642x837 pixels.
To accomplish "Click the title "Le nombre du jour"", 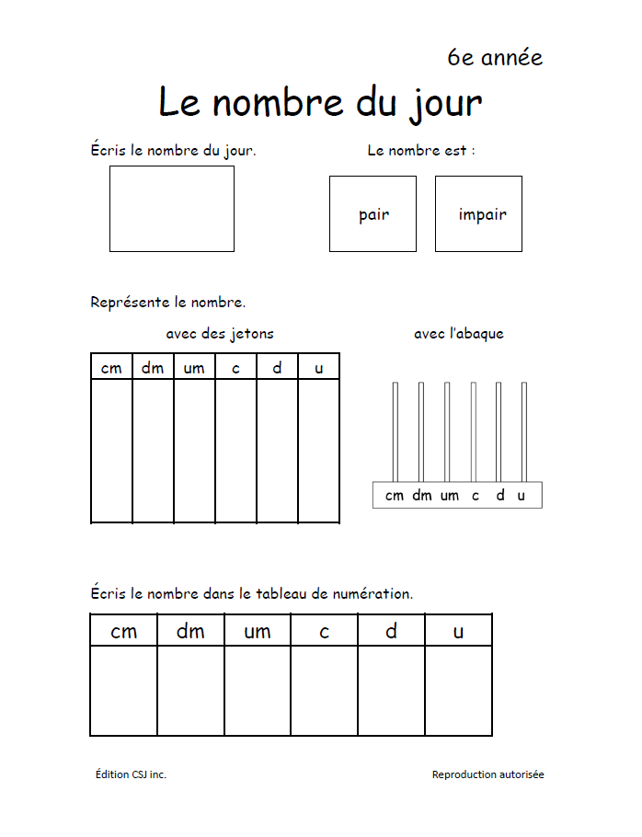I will point(320,102).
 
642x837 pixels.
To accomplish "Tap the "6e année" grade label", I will point(495,58).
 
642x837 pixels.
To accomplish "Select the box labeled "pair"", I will point(373,214).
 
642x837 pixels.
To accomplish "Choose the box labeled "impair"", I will point(478,214).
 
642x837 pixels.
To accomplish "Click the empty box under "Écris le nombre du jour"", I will point(172,209).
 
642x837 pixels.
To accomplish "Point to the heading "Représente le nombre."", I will point(168,302).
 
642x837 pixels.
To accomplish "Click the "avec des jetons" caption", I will point(219,334).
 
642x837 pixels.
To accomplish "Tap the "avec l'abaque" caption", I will point(458,334).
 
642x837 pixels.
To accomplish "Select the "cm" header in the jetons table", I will point(111,368).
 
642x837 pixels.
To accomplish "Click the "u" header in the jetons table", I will point(319,368).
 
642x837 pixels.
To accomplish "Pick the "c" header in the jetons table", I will point(235,368).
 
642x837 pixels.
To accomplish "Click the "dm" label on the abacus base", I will point(421,496).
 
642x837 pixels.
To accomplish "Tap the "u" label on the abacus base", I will point(522,496).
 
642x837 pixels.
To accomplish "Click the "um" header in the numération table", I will point(258,631).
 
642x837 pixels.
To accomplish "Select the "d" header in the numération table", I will point(391,631).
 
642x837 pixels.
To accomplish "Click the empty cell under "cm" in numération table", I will point(124,690).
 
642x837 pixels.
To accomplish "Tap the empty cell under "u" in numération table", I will point(458,690).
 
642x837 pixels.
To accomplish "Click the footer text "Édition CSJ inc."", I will point(131,774).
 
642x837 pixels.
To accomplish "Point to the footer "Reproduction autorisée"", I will point(487,774).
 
